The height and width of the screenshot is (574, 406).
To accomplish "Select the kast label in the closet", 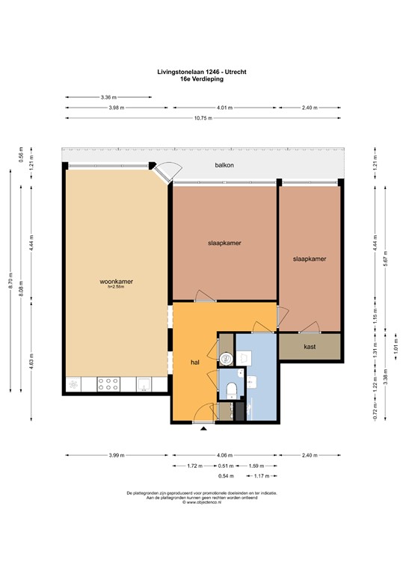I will pos(310,347).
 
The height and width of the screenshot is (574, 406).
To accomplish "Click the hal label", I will pos(195,362).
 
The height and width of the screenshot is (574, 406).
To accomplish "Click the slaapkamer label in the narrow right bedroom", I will pos(309,259).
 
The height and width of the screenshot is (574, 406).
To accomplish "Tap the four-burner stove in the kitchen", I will pos(109,384).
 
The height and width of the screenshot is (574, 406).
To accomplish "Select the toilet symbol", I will pos(231,389).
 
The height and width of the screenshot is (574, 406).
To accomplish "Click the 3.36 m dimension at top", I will pos(109,97).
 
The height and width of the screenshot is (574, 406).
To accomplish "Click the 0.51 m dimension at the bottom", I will pos(224,466).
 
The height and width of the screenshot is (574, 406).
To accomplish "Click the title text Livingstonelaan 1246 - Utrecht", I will pos(203,72).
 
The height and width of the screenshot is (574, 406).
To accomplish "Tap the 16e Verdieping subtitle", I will pos(203,78).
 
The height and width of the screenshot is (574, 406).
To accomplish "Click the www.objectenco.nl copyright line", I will pos(203,502).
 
